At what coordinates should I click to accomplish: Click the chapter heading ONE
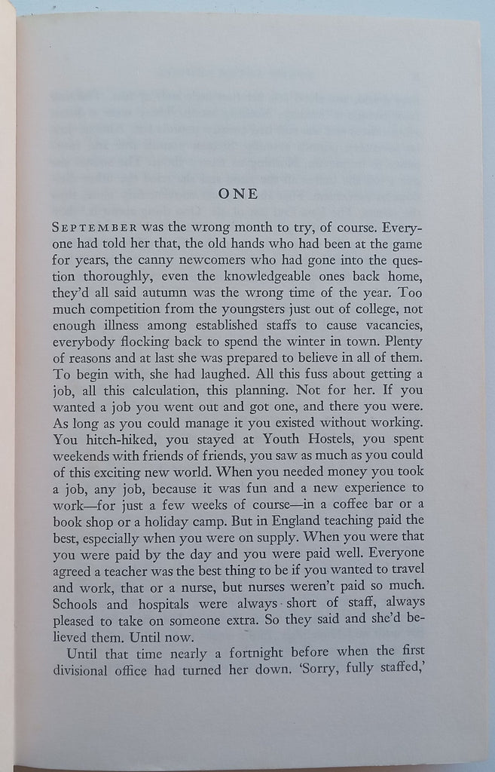point(237,194)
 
